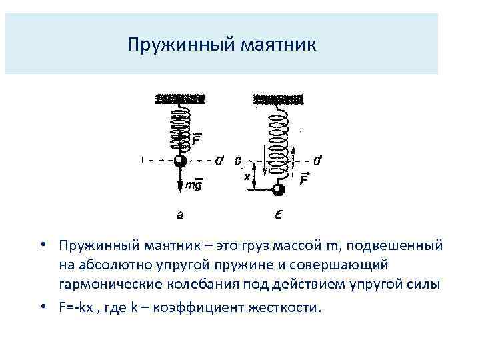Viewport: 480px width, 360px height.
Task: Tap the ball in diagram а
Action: point(179,161)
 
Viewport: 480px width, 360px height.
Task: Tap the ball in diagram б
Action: point(279,190)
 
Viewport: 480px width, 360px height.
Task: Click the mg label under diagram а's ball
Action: point(195,185)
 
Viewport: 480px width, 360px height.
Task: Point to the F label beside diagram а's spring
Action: point(198,139)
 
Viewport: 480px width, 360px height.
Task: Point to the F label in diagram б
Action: point(303,179)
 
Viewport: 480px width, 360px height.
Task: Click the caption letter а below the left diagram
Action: point(180,215)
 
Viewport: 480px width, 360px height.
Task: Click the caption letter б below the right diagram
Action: point(279,215)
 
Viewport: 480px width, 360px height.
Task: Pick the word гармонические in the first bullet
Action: point(101,285)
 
